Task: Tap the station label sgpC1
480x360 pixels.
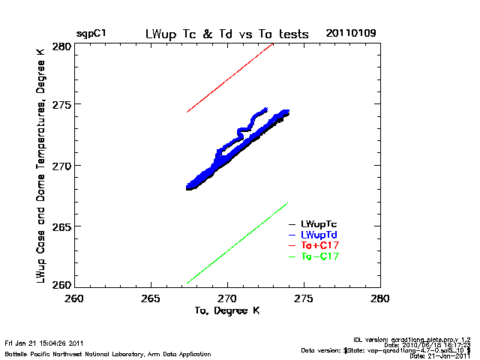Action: (x=91, y=34)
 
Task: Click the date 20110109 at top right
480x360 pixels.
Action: (x=351, y=34)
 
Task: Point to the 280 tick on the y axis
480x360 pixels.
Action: (x=62, y=46)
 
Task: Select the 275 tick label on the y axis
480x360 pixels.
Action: (x=62, y=105)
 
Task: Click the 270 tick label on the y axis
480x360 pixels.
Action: (x=62, y=166)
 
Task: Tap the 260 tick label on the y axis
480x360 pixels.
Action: (x=62, y=284)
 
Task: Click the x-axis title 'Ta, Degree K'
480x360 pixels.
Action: (x=227, y=310)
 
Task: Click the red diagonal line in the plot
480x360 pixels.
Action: (x=229, y=78)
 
